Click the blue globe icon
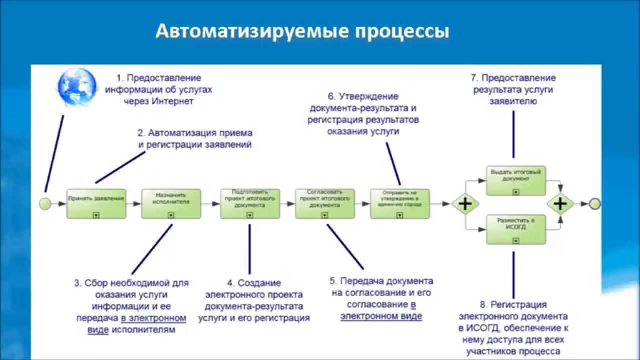77,87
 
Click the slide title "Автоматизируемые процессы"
302,31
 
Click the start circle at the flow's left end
45,203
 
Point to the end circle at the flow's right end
594,203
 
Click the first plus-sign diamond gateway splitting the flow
465,203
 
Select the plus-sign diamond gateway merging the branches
560,203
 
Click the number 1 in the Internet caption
119,78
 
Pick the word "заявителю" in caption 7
514,101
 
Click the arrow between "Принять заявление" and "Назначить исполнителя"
133,203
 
